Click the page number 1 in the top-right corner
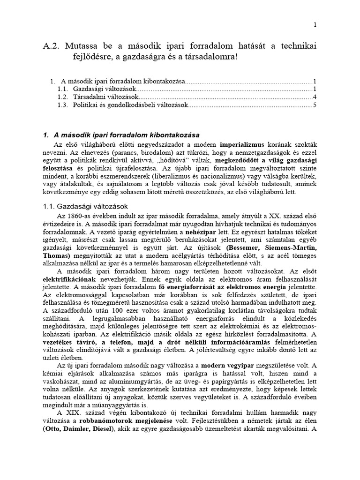pyautogui.click(x=315, y=24)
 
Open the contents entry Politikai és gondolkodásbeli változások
pyautogui.click(x=130, y=105)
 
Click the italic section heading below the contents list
pyautogui.click(x=121, y=135)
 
